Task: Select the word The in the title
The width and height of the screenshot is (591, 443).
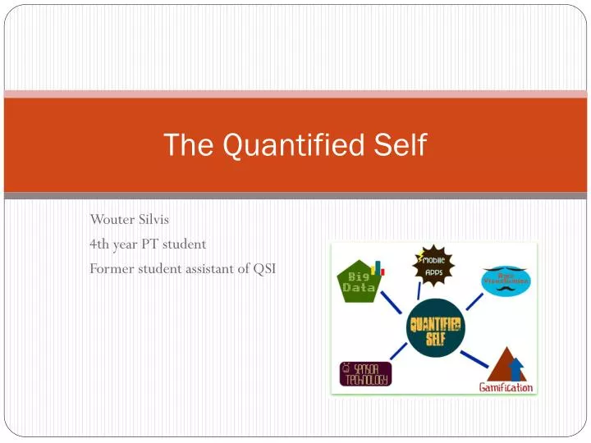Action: (x=184, y=145)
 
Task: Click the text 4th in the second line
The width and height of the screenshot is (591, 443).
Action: (x=99, y=244)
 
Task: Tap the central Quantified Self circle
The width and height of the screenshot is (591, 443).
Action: (x=435, y=327)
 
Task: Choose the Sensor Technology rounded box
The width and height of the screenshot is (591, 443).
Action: (x=366, y=373)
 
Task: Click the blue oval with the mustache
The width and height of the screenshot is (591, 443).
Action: (x=506, y=281)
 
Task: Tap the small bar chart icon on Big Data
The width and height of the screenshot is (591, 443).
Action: (x=378, y=268)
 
